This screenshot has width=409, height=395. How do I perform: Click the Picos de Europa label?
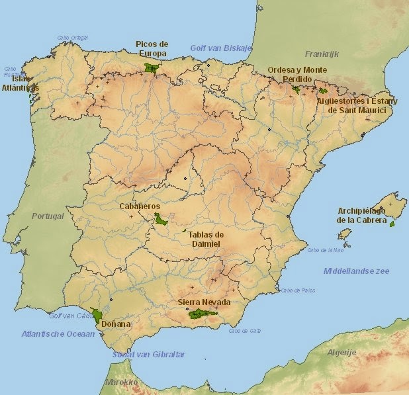(152, 48)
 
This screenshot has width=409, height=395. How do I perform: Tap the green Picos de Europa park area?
(152, 67)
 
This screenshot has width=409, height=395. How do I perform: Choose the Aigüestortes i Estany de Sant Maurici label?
(357, 105)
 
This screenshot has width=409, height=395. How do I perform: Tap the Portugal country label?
(48, 216)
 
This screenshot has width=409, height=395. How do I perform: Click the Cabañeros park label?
(140, 206)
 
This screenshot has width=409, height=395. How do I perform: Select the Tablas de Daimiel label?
(206, 239)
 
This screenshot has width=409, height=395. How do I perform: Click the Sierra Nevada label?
(203, 302)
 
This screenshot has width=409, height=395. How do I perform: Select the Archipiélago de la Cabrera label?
(361, 216)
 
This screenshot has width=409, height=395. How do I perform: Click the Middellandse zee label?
(356, 271)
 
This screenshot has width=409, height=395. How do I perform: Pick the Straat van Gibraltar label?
(148, 355)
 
